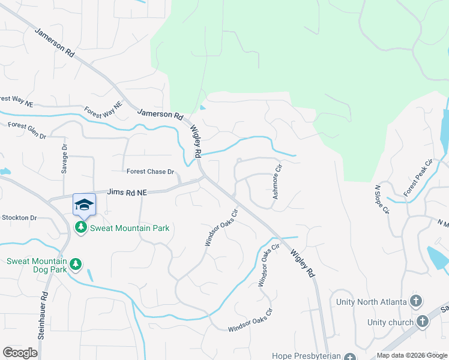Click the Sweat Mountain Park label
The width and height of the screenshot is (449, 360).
[x=129, y=228]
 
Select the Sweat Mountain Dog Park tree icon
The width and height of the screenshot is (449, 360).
[x=76, y=264]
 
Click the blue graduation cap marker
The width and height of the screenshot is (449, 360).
[x=84, y=205]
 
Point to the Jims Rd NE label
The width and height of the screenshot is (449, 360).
[x=127, y=192]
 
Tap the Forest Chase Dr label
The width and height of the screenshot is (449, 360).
[x=150, y=172]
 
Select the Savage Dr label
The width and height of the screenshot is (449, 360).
[x=64, y=159]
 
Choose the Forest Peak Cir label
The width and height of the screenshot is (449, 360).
[x=418, y=178]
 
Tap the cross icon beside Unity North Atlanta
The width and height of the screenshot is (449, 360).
[x=416, y=301]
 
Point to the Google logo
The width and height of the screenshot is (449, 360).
[x=20, y=352]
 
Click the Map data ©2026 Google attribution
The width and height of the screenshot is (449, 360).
[x=412, y=355]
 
